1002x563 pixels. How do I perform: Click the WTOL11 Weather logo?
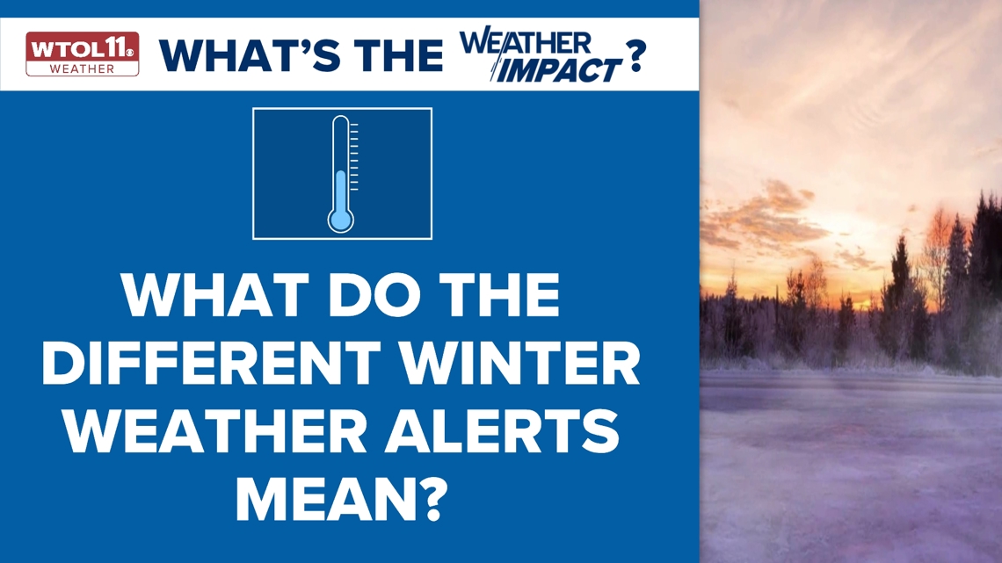[82, 54]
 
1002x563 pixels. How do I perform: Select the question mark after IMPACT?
[635, 57]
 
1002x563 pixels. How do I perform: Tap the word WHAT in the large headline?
[210, 298]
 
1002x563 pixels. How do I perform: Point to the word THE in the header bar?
[393, 54]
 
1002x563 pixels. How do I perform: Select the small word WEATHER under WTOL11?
[82, 69]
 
